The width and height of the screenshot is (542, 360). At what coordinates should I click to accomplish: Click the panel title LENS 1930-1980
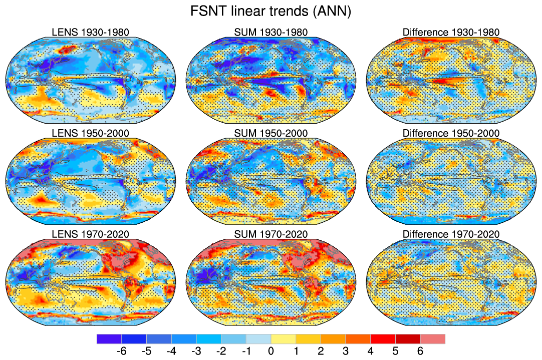tap(90, 33)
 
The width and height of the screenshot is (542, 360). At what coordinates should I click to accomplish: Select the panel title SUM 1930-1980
tap(271, 33)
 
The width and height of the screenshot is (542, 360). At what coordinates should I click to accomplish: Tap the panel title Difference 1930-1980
tap(451, 33)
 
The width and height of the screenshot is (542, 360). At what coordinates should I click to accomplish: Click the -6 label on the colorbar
tap(121, 351)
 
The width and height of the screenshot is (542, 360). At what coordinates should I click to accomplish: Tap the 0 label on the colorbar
tap(270, 351)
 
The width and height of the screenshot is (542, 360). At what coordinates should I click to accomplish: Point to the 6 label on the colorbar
tap(420, 351)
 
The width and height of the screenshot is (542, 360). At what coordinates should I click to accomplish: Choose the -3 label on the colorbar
tap(195, 351)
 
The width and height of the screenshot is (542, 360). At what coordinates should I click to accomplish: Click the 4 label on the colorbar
tap(370, 351)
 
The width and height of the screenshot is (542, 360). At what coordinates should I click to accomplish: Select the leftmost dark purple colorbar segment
tap(109, 339)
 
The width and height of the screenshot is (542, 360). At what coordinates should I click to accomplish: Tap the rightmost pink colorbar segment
tap(432, 339)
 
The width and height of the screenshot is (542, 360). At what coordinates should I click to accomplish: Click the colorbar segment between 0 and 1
tap(283, 339)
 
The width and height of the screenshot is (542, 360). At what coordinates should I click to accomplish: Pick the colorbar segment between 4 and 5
tap(383, 339)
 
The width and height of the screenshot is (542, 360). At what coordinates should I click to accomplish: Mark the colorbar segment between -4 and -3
tap(183, 339)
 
